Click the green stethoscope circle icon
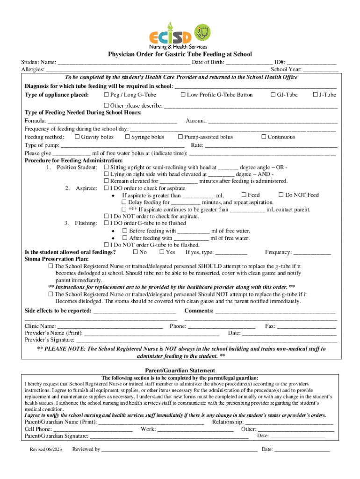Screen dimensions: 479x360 pos(202,32)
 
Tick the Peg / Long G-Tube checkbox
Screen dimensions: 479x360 pos(106,95)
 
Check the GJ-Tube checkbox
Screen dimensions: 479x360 pos(273,95)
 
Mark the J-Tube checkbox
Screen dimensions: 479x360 pos(315,95)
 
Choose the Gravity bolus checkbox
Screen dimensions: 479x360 pos(77,137)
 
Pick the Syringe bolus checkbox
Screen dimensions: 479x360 pos(127,137)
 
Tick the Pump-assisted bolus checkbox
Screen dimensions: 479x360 pos(180,137)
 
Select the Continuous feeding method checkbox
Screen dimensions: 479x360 pos(264,137)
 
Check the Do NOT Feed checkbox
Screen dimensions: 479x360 pos(281,195)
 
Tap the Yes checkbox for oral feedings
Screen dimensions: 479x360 pos(162,253)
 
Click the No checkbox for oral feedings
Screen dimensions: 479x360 pos(136,253)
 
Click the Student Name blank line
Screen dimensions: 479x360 pos(124,63)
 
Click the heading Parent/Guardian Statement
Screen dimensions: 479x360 pos(180,370)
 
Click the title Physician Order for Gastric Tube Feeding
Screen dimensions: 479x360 pos(180,54)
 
